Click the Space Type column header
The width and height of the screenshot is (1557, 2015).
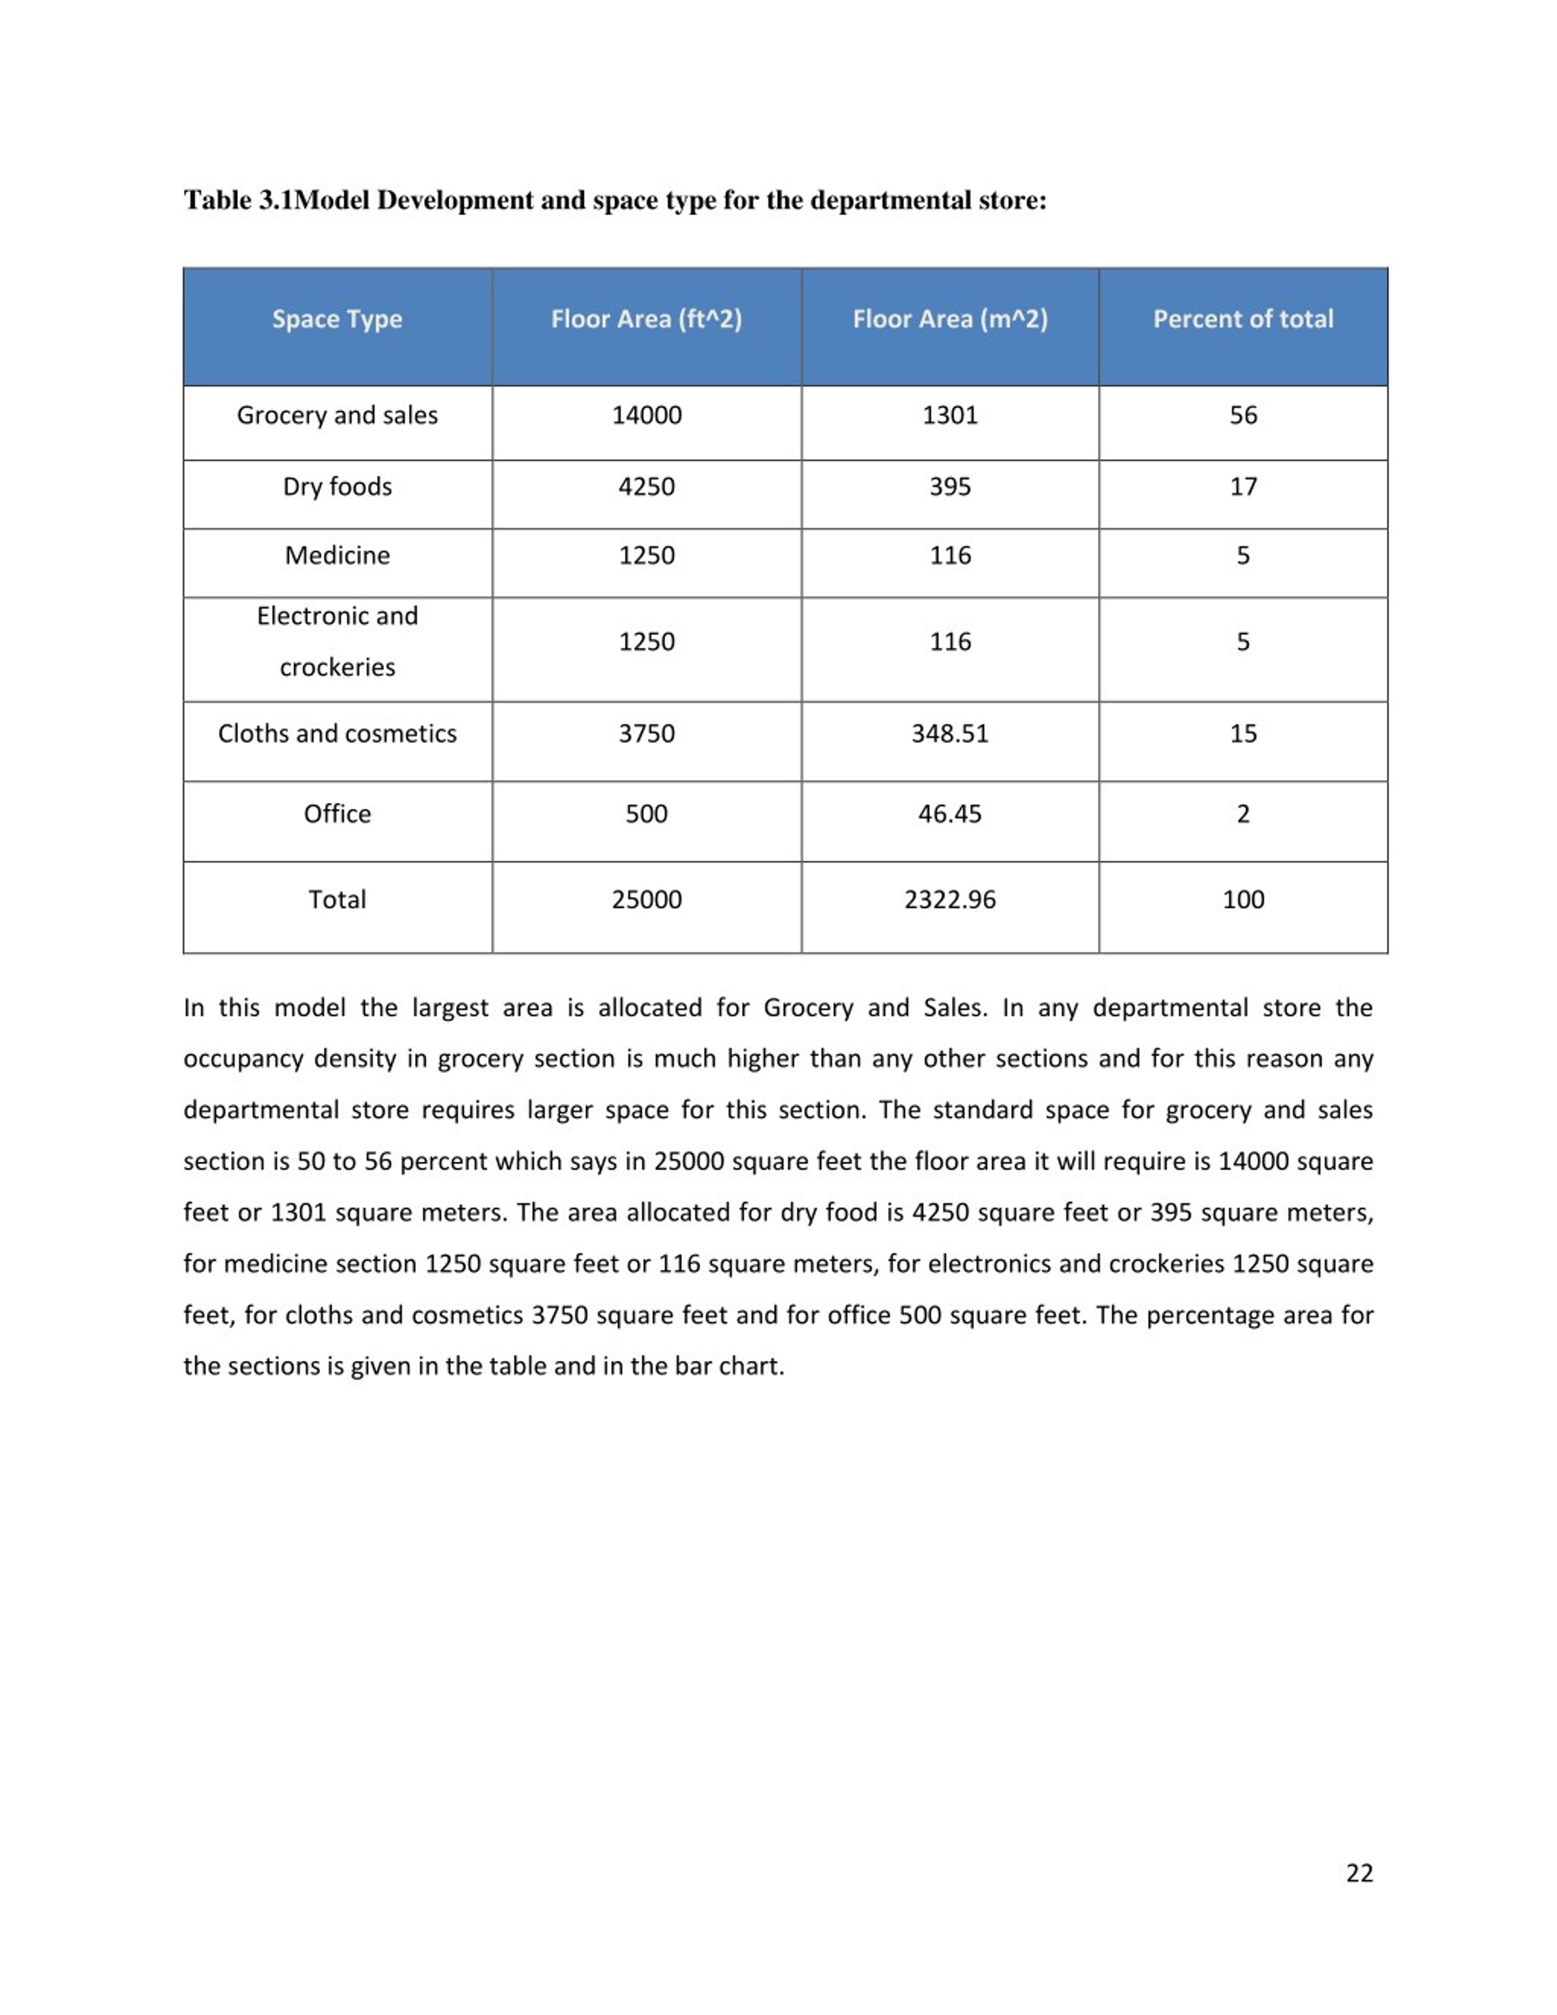[337, 319]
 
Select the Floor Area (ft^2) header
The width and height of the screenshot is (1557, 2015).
[646, 319]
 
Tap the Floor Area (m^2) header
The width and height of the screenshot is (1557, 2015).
[949, 319]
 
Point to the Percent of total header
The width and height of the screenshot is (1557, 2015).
[1243, 319]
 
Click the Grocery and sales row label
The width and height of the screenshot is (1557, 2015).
[337, 415]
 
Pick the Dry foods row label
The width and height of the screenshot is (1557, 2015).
[337, 486]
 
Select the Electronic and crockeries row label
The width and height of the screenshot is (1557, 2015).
[337, 641]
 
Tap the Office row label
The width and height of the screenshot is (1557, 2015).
[337, 814]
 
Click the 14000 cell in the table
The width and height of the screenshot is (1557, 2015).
[646, 415]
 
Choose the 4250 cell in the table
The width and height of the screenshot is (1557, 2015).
[646, 486]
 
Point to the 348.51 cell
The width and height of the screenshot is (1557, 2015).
[949, 734]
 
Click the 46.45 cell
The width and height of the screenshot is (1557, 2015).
[949, 814]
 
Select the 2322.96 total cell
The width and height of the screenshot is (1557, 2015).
[949, 900]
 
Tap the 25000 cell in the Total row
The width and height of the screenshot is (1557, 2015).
[646, 900]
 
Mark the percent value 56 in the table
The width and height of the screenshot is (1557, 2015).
[1243, 415]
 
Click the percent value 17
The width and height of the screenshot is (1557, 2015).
[1243, 486]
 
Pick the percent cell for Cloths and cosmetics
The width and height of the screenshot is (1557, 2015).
[1243, 734]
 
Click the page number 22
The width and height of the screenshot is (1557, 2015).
[1359, 1872]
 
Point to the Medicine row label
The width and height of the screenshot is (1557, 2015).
[337, 555]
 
